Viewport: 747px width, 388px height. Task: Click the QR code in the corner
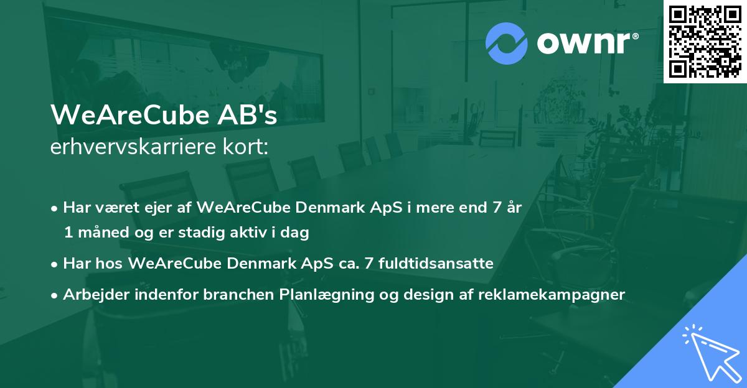705,42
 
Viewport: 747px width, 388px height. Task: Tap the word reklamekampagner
552,295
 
